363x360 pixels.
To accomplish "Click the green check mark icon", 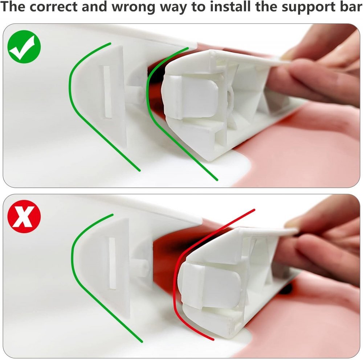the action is coord(24,47).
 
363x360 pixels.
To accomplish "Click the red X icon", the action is coord(24,216).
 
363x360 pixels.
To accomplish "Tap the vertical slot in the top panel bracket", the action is coord(107,92).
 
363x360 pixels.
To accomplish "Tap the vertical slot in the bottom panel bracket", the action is coord(112,264).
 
